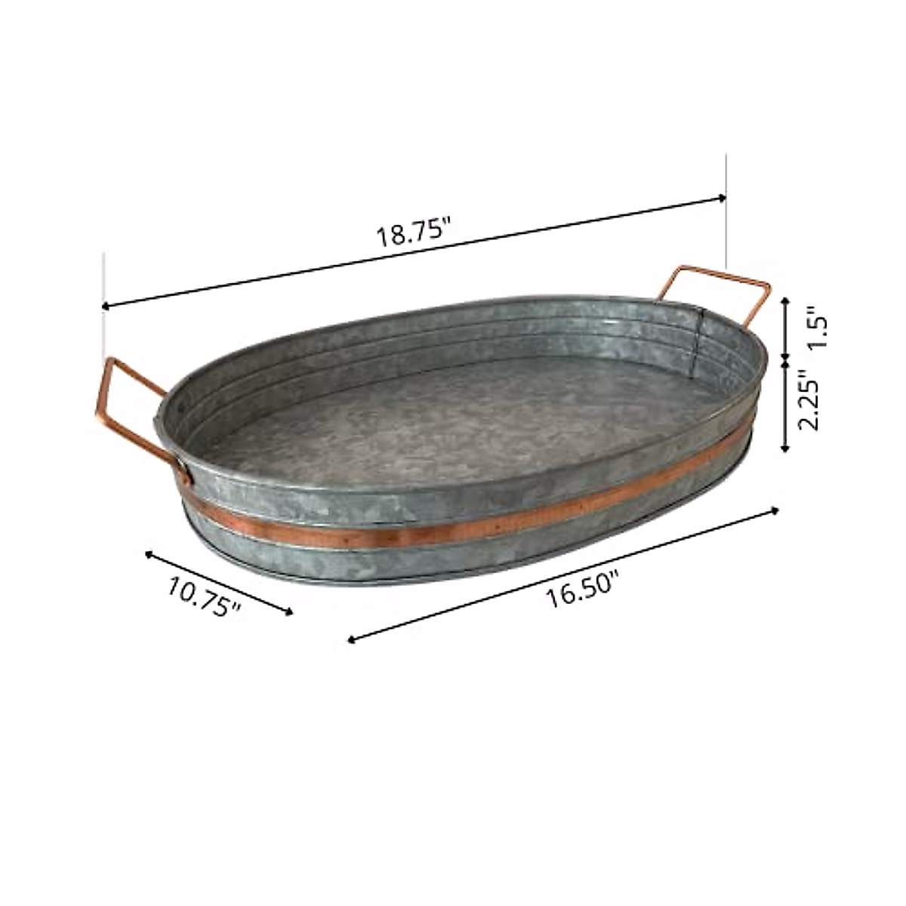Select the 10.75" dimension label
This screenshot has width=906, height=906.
(x=204, y=596)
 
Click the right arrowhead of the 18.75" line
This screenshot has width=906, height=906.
(x=723, y=198)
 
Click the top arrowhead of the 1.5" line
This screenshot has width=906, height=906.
(x=785, y=300)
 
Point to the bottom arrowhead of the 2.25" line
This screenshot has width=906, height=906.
(x=785, y=449)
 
